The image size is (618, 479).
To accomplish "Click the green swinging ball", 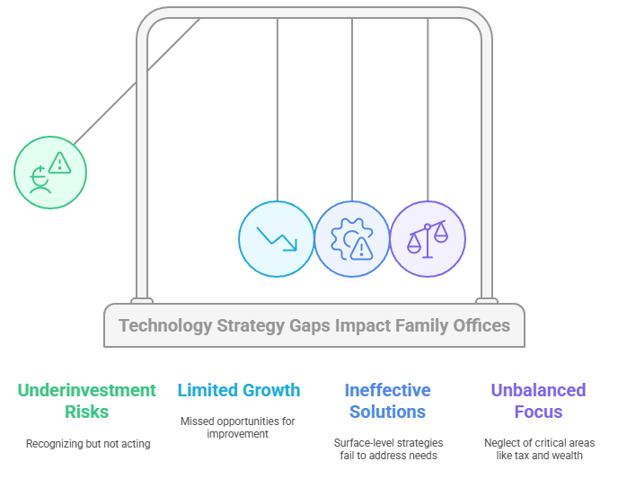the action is pyautogui.click(x=50, y=173).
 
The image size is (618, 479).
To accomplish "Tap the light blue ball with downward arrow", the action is pyautogui.click(x=277, y=239).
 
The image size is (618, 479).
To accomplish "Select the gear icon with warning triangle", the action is pyautogui.click(x=352, y=239).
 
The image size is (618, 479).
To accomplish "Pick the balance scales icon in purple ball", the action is pyautogui.click(x=428, y=239).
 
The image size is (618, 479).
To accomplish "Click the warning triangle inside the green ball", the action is pyautogui.click(x=60, y=163).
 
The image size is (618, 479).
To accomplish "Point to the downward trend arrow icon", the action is pyautogui.click(x=277, y=238).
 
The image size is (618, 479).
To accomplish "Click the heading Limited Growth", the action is pyautogui.click(x=239, y=390).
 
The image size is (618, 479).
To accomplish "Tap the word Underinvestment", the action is pyautogui.click(x=87, y=390).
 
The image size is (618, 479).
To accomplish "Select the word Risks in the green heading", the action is pyautogui.click(x=87, y=412).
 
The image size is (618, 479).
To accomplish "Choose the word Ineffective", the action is pyautogui.click(x=388, y=390).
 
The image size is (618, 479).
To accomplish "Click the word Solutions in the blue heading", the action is pyautogui.click(x=388, y=412).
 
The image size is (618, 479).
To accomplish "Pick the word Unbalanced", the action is pyautogui.click(x=538, y=390).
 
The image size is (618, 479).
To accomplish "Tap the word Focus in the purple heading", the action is pyautogui.click(x=538, y=412).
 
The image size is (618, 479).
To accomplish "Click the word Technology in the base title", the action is pyautogui.click(x=165, y=326).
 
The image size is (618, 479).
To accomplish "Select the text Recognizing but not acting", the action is pyautogui.click(x=88, y=444).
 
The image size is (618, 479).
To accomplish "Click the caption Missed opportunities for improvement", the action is pyautogui.click(x=238, y=428).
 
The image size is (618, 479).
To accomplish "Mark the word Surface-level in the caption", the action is pyautogui.click(x=360, y=443).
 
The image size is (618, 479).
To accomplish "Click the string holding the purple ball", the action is pyautogui.click(x=428, y=110).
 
